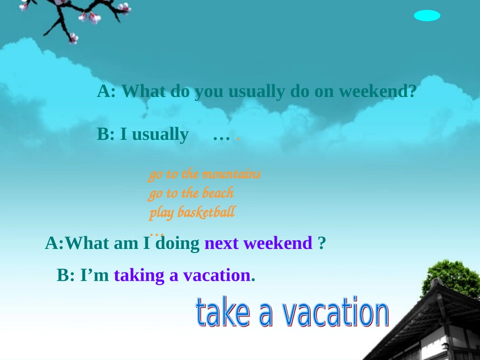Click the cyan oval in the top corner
coord(427,16)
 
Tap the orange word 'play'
coord(161,213)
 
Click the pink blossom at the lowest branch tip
coord(73,38)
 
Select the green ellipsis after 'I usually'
coord(222,135)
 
